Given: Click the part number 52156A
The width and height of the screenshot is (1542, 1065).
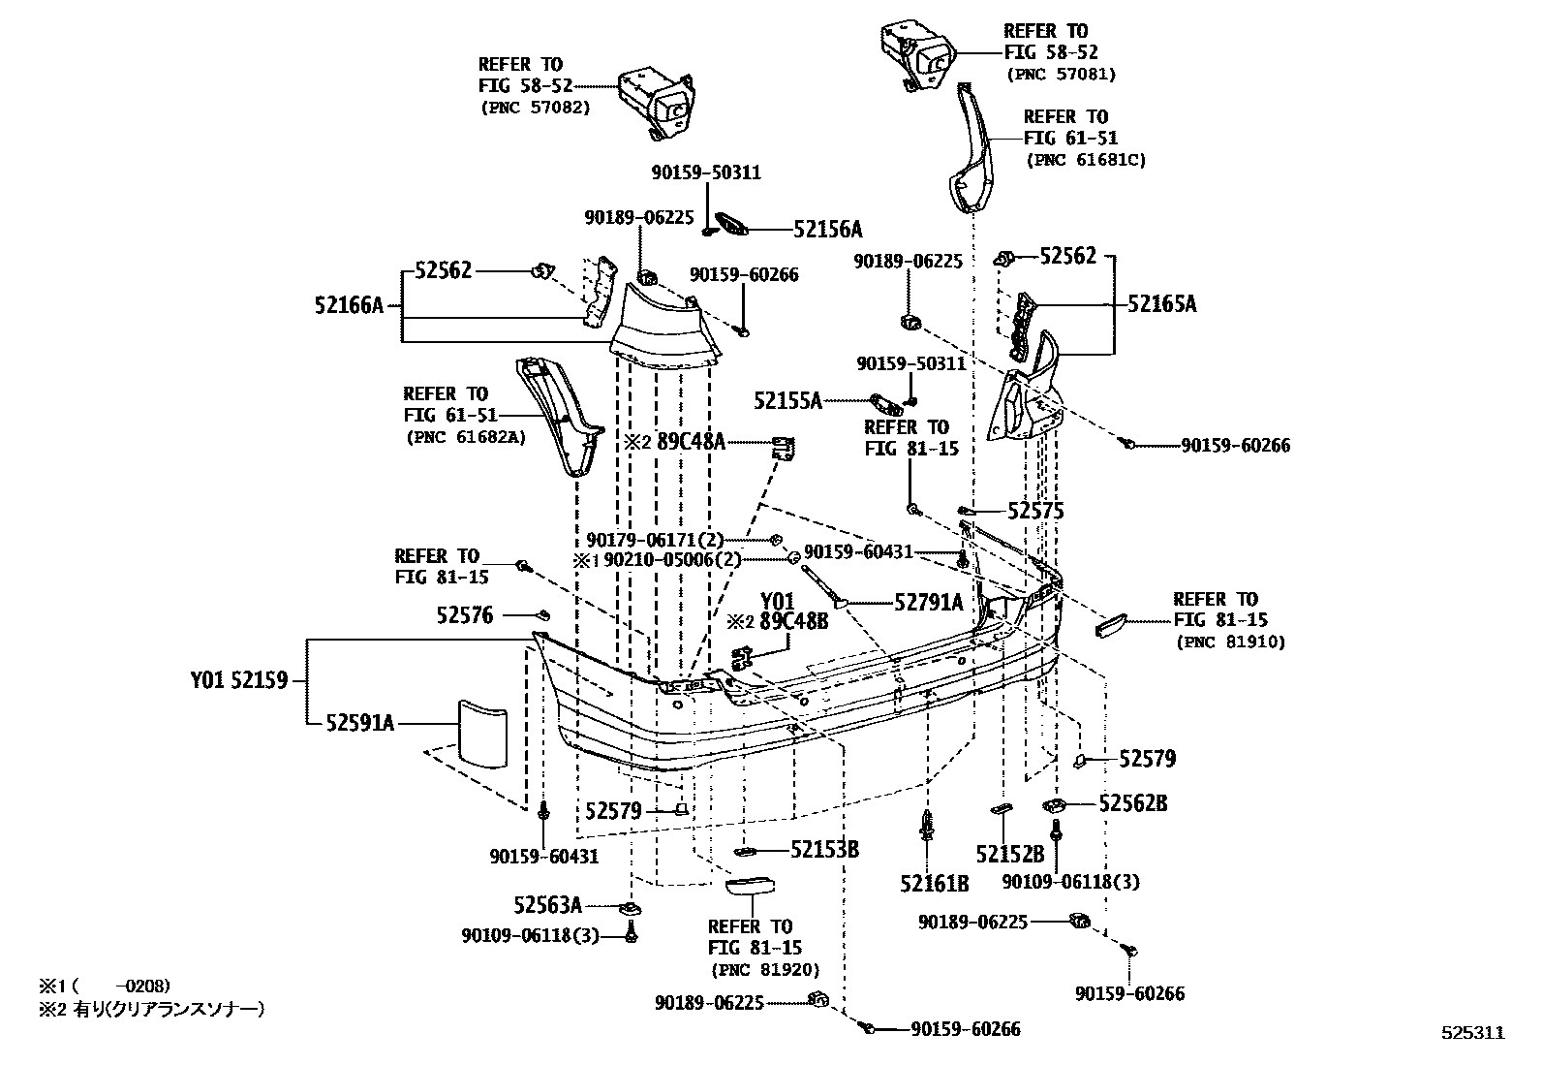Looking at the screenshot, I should (x=827, y=230).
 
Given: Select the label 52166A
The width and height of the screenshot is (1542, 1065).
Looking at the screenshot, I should (x=349, y=306).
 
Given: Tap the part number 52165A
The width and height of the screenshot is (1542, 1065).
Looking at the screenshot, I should (x=1161, y=304).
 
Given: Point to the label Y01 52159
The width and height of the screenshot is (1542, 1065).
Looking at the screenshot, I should (x=239, y=680).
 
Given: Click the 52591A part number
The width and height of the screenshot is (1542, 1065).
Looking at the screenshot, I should (x=359, y=722).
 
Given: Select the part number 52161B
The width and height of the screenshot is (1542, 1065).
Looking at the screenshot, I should (x=934, y=883).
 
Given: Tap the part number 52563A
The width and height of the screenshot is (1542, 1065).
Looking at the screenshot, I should (x=547, y=906).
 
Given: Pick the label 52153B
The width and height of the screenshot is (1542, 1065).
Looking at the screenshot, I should (x=824, y=850).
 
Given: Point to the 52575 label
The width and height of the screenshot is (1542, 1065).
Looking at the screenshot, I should (x=1035, y=511).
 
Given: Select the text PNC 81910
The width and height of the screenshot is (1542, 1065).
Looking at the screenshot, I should (x=1230, y=642).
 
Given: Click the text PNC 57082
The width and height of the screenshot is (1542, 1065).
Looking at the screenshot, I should (x=534, y=108).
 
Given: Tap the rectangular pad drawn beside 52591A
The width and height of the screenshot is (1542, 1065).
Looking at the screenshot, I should (x=481, y=735).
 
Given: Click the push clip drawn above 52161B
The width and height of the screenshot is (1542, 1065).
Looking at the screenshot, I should (x=928, y=827).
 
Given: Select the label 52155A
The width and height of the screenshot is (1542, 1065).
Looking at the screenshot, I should (x=787, y=400).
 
